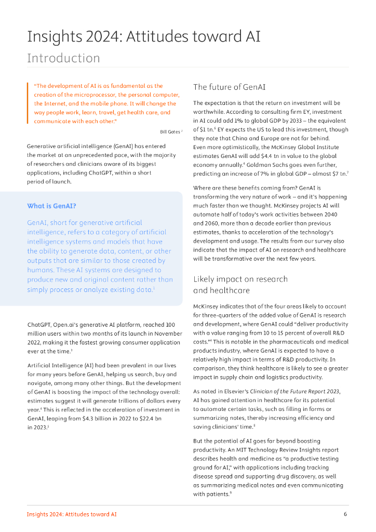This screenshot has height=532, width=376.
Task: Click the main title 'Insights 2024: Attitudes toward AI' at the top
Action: coord(144,36)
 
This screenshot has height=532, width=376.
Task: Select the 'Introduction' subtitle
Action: coord(63,58)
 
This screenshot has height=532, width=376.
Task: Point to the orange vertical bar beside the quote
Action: coord(28,103)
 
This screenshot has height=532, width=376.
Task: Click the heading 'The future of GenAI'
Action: coord(229,87)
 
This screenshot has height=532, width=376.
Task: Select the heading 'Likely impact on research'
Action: coord(240,279)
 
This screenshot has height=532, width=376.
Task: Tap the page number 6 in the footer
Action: coord(345,514)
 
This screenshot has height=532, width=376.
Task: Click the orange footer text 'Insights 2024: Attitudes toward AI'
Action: coord(72,514)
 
